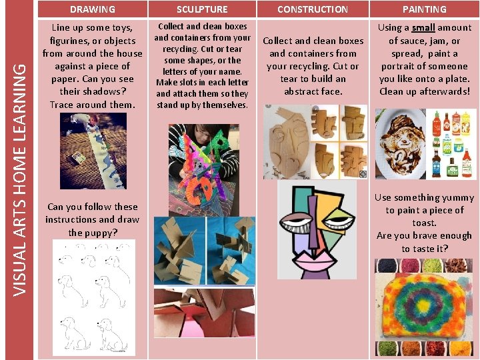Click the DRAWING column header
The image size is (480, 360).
[x=92, y=9]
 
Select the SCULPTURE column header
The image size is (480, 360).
[x=202, y=9]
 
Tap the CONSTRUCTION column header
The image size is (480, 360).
[x=312, y=9]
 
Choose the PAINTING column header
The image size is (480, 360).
[x=424, y=9]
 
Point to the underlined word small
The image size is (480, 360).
[x=423, y=28]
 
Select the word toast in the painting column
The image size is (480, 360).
[x=424, y=223]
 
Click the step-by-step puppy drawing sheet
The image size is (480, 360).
[x=93, y=296]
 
